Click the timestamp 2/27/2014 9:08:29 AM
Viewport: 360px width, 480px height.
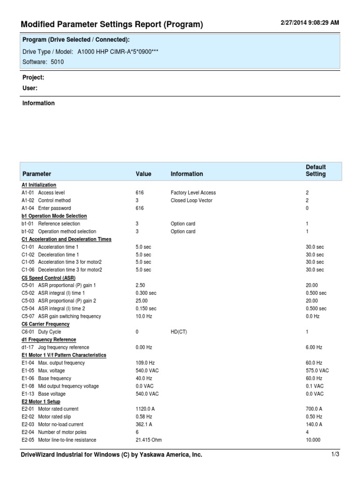pos(309,22)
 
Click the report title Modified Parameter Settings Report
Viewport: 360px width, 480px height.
pos(112,24)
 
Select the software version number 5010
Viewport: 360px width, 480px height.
pos(57,61)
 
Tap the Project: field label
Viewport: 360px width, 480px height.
pos(33,77)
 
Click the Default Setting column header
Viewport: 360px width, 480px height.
pos(315,171)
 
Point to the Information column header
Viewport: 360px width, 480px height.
pos(187,174)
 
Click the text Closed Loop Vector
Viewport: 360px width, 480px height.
pos(191,200)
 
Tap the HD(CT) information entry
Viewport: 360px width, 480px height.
pos(179,331)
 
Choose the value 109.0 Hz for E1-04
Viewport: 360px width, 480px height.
pos(145,363)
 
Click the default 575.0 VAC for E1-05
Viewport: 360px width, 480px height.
pos(317,370)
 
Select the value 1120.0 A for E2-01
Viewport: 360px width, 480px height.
pos(145,409)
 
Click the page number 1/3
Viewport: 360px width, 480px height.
pos(335,454)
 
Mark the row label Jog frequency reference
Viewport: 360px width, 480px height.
pos(63,347)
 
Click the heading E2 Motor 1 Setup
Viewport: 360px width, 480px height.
pos(41,401)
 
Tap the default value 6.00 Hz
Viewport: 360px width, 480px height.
pos(314,347)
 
